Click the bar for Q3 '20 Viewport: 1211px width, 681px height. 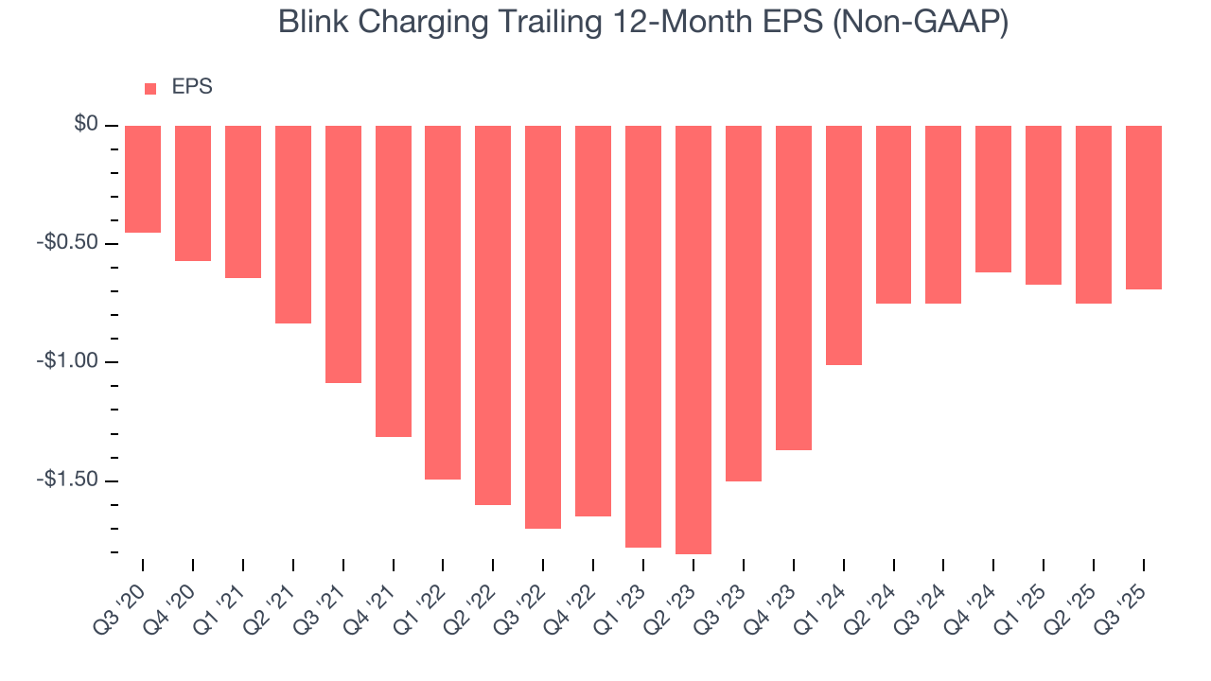(143, 179)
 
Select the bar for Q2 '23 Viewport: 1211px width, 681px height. (693, 340)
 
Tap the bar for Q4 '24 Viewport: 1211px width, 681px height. (993, 199)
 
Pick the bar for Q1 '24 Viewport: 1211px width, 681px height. (844, 245)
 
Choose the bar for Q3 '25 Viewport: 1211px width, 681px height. (1144, 207)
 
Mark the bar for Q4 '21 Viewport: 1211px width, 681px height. (394, 281)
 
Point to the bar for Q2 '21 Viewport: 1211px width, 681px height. (293, 224)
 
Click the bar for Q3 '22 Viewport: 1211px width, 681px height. (543, 326)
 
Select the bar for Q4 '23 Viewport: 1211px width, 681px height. (794, 288)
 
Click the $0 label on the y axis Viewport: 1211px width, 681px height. (87, 125)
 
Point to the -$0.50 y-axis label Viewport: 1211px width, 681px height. (69, 243)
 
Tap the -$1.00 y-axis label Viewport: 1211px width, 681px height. (69, 361)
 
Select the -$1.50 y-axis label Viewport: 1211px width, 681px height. (69, 480)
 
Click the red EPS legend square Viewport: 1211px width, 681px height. (150, 89)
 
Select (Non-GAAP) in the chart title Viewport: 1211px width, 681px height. (922, 22)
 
